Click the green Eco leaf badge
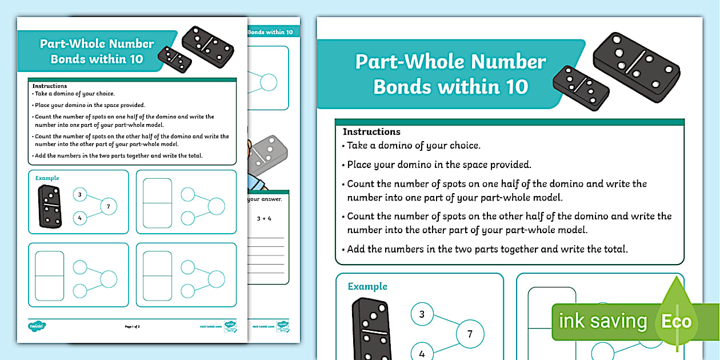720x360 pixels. (677, 320)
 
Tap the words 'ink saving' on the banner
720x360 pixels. (602, 321)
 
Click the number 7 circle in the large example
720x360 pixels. (470, 334)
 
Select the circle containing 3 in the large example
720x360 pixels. (422, 314)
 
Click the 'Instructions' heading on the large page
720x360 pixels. (371, 131)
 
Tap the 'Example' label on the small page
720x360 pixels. (47, 178)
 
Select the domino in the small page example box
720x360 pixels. (50, 206)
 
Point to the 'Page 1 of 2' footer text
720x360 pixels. (132, 326)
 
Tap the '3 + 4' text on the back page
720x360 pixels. (265, 218)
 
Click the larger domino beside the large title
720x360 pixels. (637, 67)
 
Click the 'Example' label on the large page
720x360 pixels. (367, 286)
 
